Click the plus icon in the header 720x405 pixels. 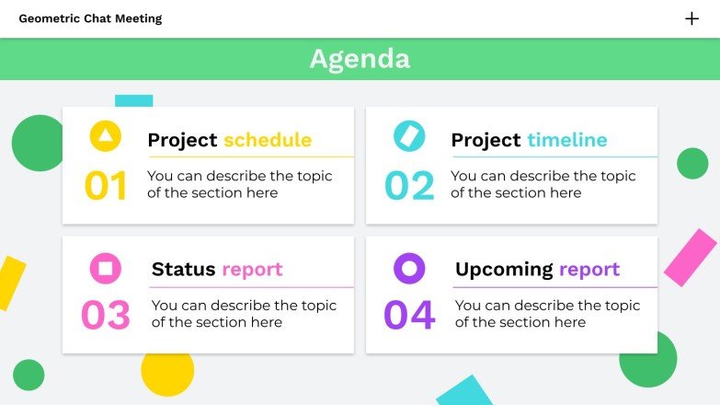point(691,18)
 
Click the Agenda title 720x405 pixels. point(360,59)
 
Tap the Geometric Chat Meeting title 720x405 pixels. point(90,18)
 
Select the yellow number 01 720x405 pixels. point(106,186)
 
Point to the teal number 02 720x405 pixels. point(409,186)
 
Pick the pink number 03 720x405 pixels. point(106,316)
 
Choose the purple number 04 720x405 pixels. point(409,316)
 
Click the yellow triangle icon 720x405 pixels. point(106,137)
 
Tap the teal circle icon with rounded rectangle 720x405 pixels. point(409,136)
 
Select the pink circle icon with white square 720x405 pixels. point(106,268)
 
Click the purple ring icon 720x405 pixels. point(409,268)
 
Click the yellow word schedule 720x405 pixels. point(268,140)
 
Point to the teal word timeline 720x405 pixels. point(567,140)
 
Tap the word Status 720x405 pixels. point(184,270)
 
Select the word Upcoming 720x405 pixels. point(504,270)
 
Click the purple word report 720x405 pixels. point(589,270)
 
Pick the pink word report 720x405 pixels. point(252,270)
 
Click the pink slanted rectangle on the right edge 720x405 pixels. point(690,257)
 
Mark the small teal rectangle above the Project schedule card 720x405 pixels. point(133,100)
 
